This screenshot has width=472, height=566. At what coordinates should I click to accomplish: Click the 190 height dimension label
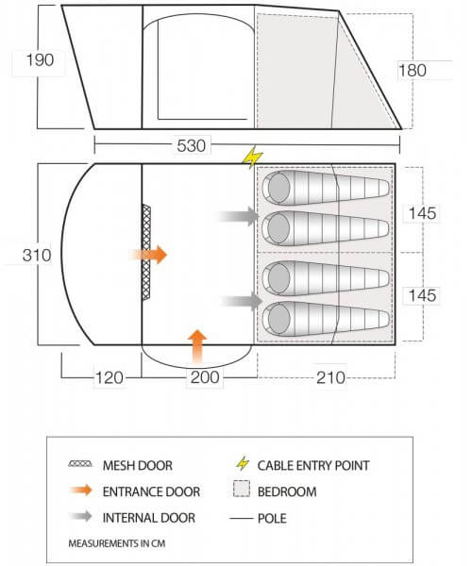[40, 60]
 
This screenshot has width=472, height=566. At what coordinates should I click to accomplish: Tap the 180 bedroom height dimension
[412, 70]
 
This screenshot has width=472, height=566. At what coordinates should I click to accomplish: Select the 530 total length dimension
[191, 145]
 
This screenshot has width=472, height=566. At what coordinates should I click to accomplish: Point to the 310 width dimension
[37, 256]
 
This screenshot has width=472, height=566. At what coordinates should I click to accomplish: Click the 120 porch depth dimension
[109, 377]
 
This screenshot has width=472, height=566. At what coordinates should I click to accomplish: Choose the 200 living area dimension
[205, 377]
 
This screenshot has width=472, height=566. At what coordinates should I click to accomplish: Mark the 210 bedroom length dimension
[330, 377]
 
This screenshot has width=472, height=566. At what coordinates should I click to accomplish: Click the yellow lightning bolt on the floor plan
[252, 157]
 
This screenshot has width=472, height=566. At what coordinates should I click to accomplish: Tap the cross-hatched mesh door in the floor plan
[146, 252]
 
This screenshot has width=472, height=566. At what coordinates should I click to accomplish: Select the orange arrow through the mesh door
[148, 255]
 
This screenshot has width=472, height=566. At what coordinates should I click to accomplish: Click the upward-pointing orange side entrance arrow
[197, 346]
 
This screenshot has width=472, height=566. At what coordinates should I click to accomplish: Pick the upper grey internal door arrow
[239, 216]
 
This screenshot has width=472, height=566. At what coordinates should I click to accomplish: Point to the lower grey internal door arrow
[242, 301]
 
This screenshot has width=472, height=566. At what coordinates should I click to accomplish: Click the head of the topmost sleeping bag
[279, 188]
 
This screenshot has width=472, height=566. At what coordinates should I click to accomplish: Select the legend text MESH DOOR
[138, 465]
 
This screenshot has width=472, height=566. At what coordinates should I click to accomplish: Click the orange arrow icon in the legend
[81, 491]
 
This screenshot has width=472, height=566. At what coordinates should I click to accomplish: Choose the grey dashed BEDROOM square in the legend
[242, 489]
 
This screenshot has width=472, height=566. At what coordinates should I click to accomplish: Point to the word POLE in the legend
[272, 518]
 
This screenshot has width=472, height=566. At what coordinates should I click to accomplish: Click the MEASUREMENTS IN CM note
[117, 543]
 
